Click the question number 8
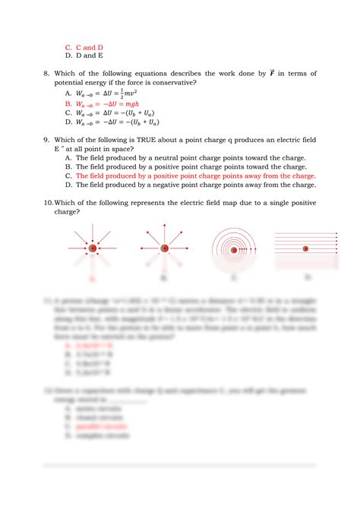point(47,73)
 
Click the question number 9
point(47,140)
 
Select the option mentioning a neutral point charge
point(190,158)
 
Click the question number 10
point(48,203)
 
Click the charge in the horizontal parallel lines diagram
point(305,248)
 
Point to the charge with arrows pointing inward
point(93,248)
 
